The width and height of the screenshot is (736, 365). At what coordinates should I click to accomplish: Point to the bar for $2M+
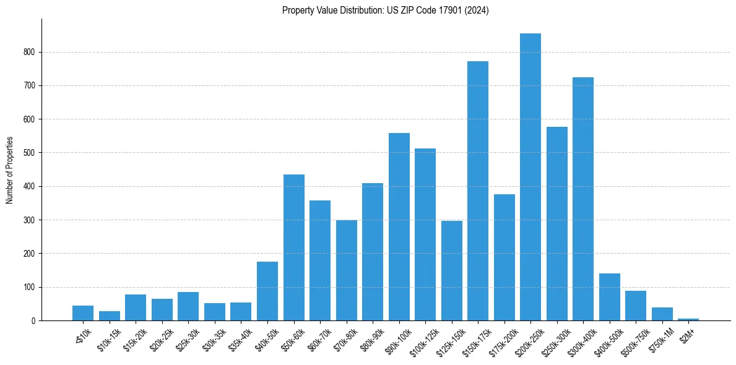point(688,319)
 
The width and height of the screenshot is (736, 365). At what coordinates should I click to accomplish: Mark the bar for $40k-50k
point(267,291)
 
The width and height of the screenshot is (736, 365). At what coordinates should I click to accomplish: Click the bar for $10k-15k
point(110,316)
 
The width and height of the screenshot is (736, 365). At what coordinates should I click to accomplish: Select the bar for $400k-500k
point(610,297)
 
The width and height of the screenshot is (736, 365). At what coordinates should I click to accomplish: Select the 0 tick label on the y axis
point(33,320)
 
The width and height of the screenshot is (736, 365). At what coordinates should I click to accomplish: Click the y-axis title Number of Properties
point(9,170)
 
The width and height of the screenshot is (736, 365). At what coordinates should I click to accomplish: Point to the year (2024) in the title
point(478,11)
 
